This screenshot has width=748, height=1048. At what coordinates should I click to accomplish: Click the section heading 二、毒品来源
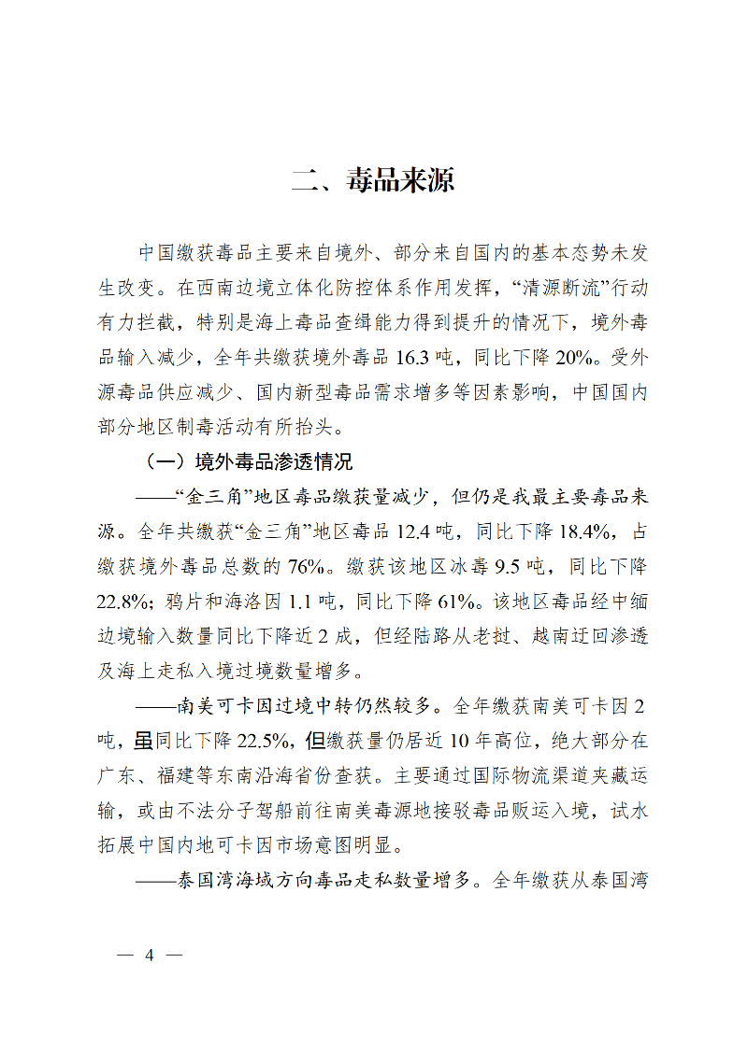tap(373, 179)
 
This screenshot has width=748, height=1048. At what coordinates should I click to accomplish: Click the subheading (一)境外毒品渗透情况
tap(248, 461)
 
